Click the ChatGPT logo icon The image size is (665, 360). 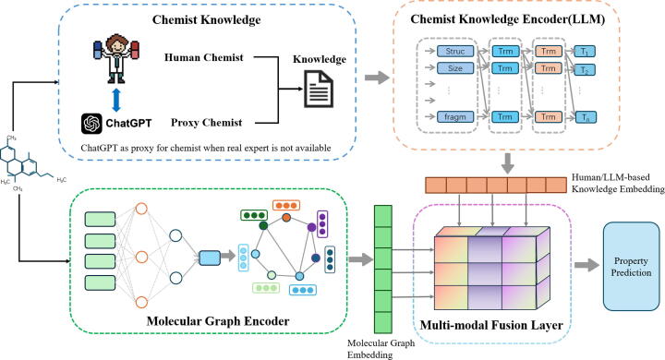tap(91, 124)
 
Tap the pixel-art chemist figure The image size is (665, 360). tap(116, 58)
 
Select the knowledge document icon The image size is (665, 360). tap(319, 89)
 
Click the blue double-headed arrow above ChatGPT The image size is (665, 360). tap(116, 100)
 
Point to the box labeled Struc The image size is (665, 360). tap(455, 52)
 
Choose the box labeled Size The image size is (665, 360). tap(455, 67)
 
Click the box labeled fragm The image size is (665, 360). tap(455, 116)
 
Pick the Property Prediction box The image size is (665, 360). tap(631, 267)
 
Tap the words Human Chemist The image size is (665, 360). tap(204, 57)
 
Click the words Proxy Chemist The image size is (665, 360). tap(207, 123)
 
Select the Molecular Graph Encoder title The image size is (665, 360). tap(218, 320)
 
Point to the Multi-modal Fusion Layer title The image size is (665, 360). tap(491, 325)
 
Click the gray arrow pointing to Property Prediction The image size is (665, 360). tap(587, 266)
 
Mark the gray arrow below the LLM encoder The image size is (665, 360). tap(507, 163)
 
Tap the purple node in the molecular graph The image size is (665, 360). tap(312, 227)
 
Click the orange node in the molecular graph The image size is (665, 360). tap(286, 218)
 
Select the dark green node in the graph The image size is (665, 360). tap(263, 225)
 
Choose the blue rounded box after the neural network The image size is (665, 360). tap(210, 258)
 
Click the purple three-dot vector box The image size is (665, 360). tap(322, 223)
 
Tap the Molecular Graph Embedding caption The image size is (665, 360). tap(381, 349)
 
